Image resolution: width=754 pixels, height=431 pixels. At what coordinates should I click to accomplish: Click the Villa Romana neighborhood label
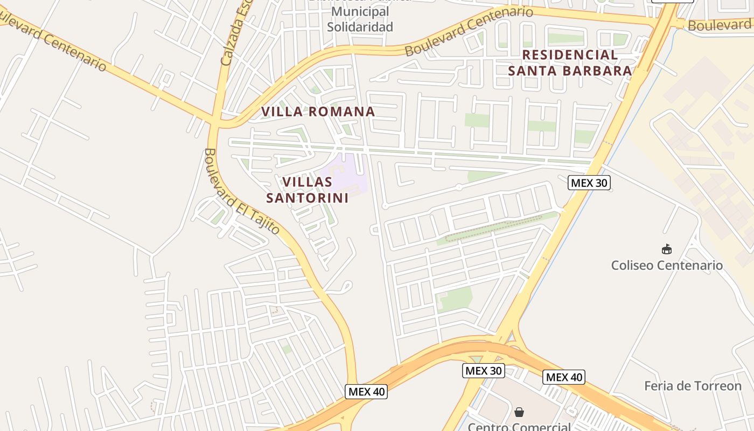tap(318, 112)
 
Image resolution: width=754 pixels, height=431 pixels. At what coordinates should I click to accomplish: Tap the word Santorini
tap(307, 198)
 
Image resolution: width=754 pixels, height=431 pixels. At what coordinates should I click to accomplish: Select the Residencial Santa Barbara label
tap(570, 62)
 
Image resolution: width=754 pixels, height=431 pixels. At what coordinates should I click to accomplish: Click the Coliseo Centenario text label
tap(667, 265)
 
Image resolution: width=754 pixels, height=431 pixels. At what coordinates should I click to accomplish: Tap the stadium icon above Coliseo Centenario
tap(667, 249)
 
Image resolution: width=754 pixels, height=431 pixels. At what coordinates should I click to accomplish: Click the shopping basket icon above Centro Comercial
tap(519, 412)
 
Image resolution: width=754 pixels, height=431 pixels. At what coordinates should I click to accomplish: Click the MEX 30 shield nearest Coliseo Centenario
tap(589, 183)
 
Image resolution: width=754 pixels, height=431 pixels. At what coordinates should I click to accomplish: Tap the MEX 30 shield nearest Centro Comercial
tap(484, 371)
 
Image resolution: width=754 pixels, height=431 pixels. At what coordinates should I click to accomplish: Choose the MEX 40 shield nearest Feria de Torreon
tap(563, 377)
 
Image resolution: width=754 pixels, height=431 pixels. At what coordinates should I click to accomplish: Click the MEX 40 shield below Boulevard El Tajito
tap(366, 392)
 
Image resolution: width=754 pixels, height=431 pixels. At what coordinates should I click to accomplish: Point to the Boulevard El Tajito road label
tap(242, 191)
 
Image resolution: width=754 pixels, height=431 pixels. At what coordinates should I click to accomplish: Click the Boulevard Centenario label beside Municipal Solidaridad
tap(469, 31)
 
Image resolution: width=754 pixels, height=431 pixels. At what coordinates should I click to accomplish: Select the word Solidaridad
tap(360, 26)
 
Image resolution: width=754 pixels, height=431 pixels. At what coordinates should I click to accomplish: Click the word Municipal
tap(360, 11)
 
